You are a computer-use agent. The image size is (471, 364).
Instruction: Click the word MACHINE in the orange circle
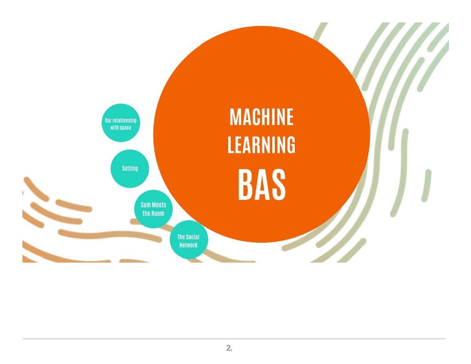[261, 117]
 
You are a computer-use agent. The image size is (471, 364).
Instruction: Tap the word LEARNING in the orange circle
[261, 145]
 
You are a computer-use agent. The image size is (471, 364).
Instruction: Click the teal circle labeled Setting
[130, 169]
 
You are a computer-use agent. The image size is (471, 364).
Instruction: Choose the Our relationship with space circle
[121, 123]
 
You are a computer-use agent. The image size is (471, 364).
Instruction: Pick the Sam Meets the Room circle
[153, 209]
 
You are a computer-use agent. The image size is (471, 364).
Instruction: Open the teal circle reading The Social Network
[189, 240]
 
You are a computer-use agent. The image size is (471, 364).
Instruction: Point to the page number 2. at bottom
[229, 348]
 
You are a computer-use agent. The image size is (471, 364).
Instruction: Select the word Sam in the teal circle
[145, 205]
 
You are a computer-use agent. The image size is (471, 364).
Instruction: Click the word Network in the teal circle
[188, 245]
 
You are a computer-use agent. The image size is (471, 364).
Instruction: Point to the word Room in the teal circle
[158, 214]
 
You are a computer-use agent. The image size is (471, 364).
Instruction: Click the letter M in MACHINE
[235, 117]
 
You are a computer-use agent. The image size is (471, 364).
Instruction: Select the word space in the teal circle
[126, 128]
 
